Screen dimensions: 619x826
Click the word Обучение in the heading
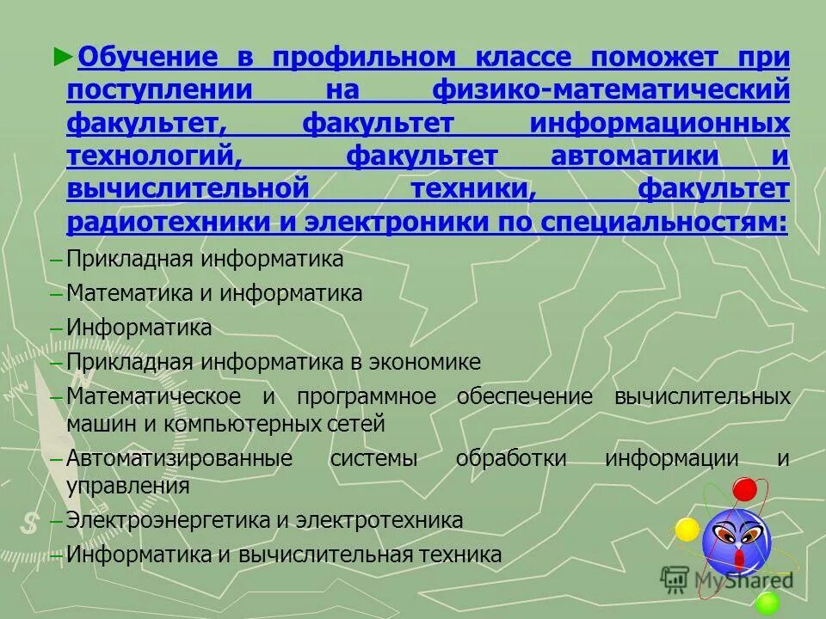(x=145, y=58)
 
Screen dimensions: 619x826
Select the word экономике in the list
(x=426, y=362)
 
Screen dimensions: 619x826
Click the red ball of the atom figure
(x=745, y=490)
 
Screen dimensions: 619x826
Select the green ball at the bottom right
(x=767, y=602)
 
